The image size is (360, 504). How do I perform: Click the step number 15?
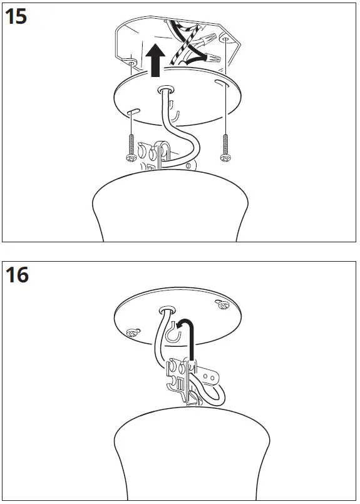coord(16,16)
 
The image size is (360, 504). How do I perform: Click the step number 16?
coord(18,274)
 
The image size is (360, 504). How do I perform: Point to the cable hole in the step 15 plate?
coord(166,90)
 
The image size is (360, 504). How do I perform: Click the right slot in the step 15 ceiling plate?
coord(219,82)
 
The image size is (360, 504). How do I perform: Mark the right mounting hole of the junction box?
coord(225,39)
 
